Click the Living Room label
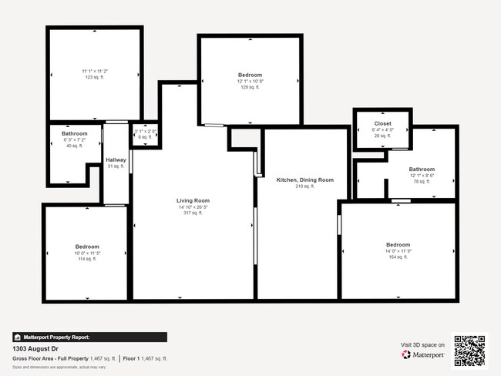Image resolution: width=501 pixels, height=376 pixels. click(x=193, y=200)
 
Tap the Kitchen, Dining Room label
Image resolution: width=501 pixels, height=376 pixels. click(x=305, y=180)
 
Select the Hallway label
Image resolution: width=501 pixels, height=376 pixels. click(x=116, y=160)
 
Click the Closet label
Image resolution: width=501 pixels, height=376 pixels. click(x=382, y=123)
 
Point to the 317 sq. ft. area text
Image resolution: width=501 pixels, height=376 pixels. click(x=193, y=213)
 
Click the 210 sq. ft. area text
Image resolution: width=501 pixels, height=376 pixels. click(x=305, y=186)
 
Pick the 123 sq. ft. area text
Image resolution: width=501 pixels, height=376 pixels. click(x=95, y=77)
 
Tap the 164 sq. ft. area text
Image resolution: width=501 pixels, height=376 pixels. click(x=398, y=257)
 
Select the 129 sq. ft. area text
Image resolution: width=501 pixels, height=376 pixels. click(x=250, y=87)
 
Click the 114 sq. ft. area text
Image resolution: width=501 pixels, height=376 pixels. click(x=85, y=259)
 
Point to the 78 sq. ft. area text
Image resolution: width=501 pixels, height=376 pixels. click(x=422, y=182)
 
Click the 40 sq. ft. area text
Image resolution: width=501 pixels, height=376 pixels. click(x=74, y=146)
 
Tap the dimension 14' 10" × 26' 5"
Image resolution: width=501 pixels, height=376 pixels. click(x=193, y=206)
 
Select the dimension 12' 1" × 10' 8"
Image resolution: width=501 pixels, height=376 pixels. click(x=250, y=81)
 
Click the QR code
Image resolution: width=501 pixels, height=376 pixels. click(x=469, y=350)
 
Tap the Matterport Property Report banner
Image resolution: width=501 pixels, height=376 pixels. click(x=89, y=337)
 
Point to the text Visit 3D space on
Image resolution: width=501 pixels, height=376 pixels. click(x=422, y=344)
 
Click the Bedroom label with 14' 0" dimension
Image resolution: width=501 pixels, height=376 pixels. click(x=398, y=244)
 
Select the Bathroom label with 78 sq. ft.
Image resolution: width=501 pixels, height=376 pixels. click(x=422, y=170)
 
